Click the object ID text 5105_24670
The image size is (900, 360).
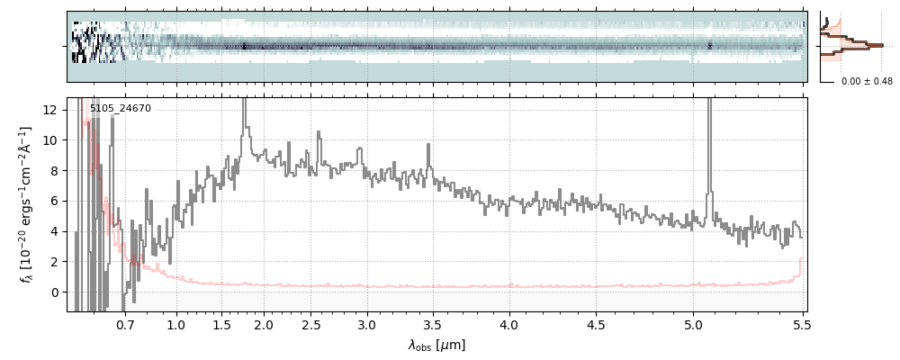point(121,109)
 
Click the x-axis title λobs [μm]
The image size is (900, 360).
point(436,345)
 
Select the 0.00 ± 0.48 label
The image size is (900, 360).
point(867,82)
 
